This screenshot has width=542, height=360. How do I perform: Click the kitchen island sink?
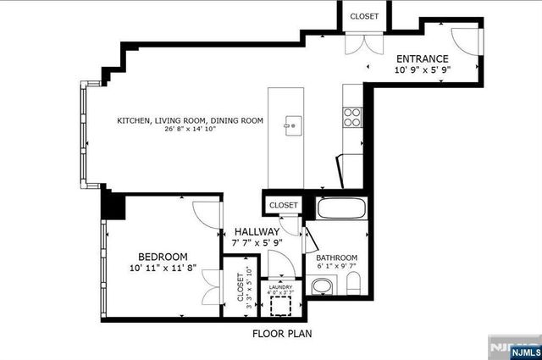(x=292, y=126)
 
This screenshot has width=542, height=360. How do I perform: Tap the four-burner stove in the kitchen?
(x=352, y=116)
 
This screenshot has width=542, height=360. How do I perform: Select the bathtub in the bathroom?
(x=340, y=208)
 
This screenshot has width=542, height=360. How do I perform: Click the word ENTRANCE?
(x=423, y=58)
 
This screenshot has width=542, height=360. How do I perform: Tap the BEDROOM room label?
(x=163, y=257)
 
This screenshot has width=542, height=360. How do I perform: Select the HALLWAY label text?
(x=257, y=231)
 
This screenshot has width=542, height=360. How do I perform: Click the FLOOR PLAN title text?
(x=282, y=334)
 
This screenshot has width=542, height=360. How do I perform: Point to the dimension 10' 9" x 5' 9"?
(x=423, y=70)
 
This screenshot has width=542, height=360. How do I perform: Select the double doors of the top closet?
(x=363, y=43)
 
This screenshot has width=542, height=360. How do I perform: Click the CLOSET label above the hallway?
(x=283, y=205)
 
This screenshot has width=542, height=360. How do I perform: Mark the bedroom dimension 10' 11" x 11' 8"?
(x=163, y=269)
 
